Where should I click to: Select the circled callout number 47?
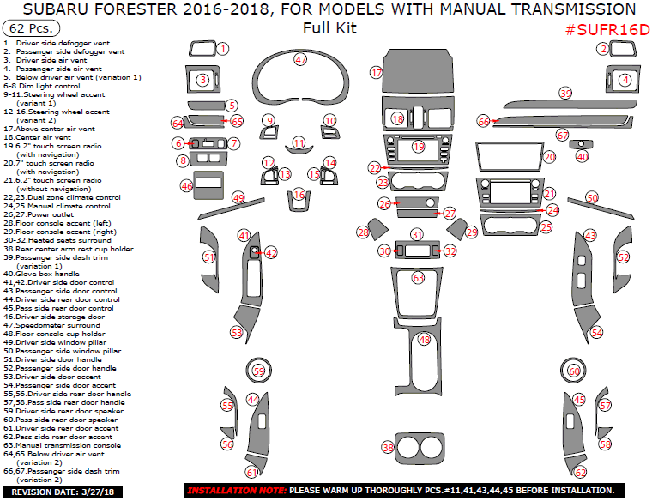tap(300, 60)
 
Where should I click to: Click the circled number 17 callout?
tap(377, 74)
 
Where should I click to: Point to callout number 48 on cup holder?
tap(424, 340)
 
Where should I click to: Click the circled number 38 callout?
tap(389, 448)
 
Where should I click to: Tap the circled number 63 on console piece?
tap(418, 278)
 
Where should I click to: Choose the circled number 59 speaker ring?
tap(259, 371)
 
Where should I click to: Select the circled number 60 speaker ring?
tap(574, 371)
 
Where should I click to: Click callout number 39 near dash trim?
tap(564, 93)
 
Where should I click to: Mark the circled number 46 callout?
tap(186, 185)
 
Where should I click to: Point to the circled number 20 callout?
tap(550, 157)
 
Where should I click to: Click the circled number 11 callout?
tap(299, 142)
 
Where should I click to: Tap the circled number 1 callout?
tap(222, 49)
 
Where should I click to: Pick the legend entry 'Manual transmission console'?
tap(62, 445)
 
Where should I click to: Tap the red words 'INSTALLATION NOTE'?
tap(236, 491)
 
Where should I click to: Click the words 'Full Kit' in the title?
tap(329, 28)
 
